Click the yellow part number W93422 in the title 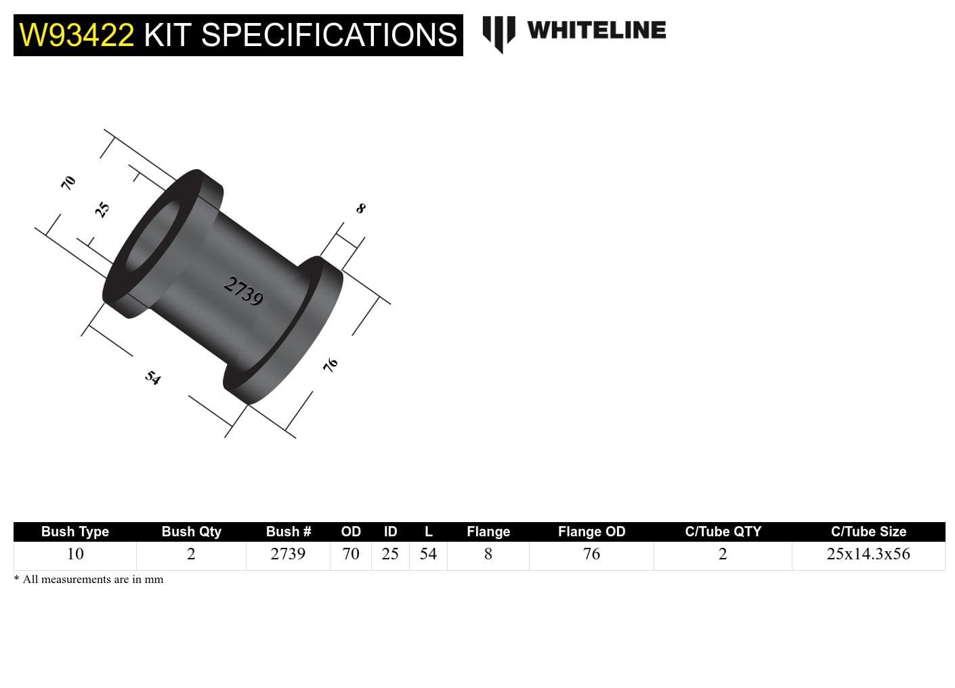(77, 35)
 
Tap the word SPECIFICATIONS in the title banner (329, 35)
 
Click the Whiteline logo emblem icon (498, 33)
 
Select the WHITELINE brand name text (596, 30)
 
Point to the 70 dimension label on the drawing (68, 182)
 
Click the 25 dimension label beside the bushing (102, 209)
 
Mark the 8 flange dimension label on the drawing (360, 209)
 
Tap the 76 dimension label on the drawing (330, 365)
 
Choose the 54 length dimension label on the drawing (152, 378)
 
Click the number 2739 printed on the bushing (243, 291)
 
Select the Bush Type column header (75, 532)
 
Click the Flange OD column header (591, 532)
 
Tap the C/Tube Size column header (868, 532)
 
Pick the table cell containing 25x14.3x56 (868, 554)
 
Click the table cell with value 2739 (288, 554)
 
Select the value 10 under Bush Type (75, 554)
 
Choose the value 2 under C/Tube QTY (723, 554)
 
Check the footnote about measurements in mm (89, 580)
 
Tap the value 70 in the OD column (351, 554)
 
